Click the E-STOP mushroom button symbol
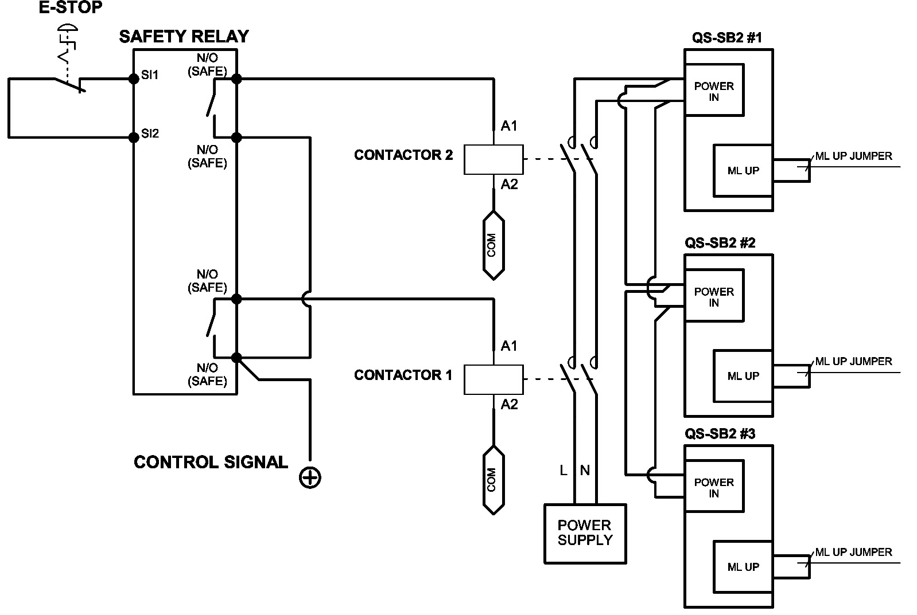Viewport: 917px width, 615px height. click(68, 28)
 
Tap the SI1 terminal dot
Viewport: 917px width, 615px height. click(134, 79)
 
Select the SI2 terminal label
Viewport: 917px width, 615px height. click(150, 134)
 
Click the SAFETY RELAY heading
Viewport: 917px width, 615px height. click(184, 37)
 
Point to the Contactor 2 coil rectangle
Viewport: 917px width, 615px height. click(493, 159)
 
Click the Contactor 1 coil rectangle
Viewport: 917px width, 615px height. click(493, 379)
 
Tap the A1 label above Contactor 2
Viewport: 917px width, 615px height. click(509, 126)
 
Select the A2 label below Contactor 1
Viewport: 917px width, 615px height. click(509, 404)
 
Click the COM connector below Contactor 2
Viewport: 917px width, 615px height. click(493, 245)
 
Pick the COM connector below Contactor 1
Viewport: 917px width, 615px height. click(493, 480)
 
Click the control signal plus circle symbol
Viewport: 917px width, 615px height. click(310, 477)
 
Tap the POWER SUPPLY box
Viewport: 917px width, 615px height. click(585, 533)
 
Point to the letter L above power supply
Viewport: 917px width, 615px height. click(564, 471)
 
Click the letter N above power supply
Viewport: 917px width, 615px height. click(585, 471)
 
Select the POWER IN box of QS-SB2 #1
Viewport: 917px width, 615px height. click(714, 91)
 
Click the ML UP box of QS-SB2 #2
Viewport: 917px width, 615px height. click(743, 376)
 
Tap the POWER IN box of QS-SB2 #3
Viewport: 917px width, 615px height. click(714, 487)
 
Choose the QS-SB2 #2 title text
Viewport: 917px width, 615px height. click(720, 242)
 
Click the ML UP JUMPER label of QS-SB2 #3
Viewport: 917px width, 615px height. click(853, 552)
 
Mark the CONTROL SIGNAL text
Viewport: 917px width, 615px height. click(211, 462)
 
